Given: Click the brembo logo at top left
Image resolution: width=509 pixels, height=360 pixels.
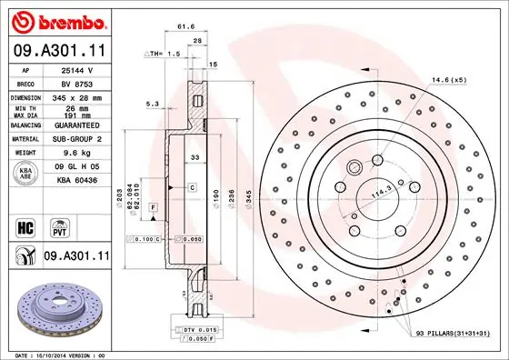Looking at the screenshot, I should (x=57, y=20).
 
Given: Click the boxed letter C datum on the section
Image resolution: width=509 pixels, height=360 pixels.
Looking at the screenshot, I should (x=193, y=186).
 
